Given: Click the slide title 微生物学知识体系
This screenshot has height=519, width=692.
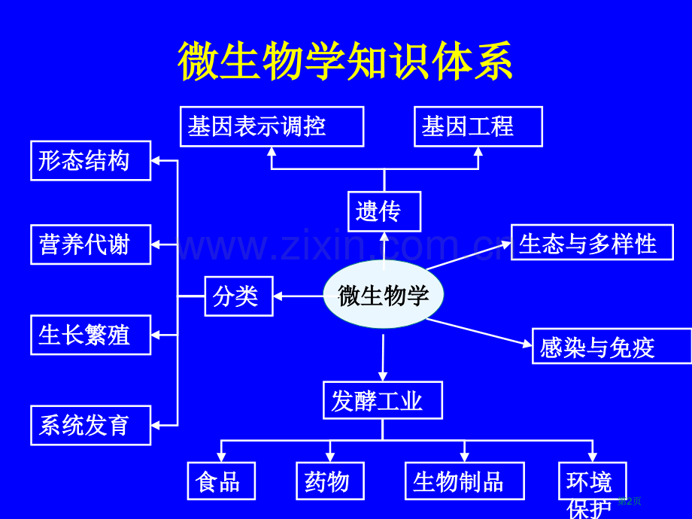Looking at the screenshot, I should coord(345,62).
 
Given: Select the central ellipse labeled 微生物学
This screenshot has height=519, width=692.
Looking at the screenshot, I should coord(384,295).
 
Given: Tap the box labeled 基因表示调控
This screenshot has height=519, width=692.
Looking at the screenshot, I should coord(272,126).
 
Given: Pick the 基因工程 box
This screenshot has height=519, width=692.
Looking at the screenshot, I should coord(478,126).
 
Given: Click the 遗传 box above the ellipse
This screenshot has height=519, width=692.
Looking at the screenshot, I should coord(384,211).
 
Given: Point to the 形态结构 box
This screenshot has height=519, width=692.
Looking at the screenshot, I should coord(90,161).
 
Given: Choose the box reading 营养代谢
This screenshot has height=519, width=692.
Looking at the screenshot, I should coord(90,244).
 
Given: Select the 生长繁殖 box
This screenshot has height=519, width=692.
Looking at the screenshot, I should coord(90,335).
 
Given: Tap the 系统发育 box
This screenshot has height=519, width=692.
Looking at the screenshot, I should coord(90,425).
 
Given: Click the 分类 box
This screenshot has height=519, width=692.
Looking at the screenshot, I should coord(238,296).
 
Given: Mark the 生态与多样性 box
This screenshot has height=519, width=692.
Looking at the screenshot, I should coord(591,243).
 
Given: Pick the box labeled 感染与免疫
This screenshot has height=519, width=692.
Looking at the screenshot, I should coord(611,347).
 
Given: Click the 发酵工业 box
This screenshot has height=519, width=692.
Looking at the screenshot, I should coord(382,401).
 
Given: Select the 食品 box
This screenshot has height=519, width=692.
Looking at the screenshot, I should coord(221,481).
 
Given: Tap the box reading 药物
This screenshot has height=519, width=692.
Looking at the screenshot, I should coord(330,481).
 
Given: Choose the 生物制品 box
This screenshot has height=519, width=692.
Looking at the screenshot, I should coord(464,481).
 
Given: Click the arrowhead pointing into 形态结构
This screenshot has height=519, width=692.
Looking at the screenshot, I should coord(156,160).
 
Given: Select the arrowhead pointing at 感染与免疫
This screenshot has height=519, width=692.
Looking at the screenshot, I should coord(527,344).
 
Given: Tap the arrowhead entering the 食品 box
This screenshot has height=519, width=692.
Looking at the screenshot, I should coord(221,457).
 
